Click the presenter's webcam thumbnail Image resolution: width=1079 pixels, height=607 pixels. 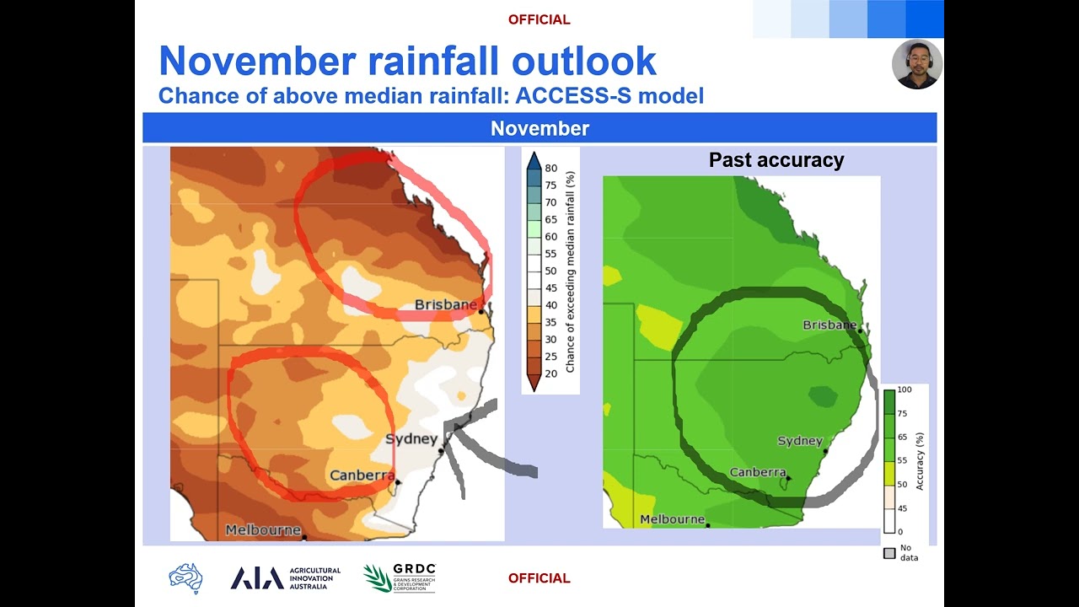pos(916,64)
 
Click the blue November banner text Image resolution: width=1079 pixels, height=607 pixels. pos(539,128)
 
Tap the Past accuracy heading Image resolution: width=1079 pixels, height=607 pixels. pos(776,160)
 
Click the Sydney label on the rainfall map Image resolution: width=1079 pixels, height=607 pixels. pos(411,439)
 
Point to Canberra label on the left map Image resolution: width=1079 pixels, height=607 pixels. pos(362,475)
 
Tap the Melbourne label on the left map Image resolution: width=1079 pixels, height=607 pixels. pos(262,530)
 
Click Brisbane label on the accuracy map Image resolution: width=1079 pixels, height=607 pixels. pos(829,325)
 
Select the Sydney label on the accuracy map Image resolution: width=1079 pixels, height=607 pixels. pos(799,441)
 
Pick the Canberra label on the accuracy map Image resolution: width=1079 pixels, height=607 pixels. pos(758,472)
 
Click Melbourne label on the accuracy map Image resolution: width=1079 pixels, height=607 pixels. pos(672,519)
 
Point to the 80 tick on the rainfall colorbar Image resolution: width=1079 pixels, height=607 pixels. pos(550,168)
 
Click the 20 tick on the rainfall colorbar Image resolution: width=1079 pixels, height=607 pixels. pos(550,373)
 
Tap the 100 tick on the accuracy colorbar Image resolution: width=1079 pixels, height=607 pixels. pos(905,390)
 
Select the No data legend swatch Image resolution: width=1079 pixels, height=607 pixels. pos(888,553)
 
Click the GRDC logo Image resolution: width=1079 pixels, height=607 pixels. pos(400,578)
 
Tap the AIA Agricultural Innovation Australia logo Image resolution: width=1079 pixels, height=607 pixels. pos(286,578)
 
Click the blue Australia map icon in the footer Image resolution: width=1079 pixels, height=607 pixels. pos(185,578)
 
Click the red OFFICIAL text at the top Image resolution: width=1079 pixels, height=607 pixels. pos(539,19)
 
